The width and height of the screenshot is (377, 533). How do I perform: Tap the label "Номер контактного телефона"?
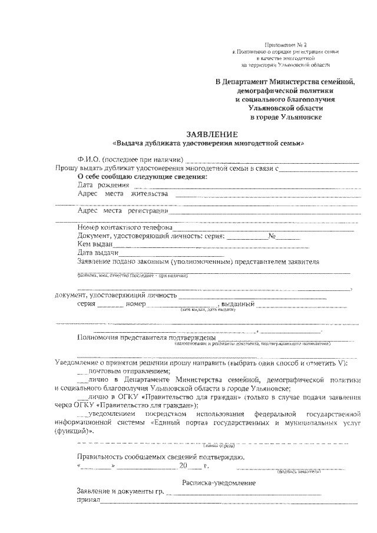[124, 227]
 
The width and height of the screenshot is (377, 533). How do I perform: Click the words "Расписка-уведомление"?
[219, 483]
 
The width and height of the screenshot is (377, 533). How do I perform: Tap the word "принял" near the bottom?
[88, 501]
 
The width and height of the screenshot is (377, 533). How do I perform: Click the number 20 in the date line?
[183, 466]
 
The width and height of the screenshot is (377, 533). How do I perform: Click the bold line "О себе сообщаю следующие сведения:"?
[143, 176]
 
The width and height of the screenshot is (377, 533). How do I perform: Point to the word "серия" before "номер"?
[86, 304]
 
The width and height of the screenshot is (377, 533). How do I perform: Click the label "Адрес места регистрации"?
[123, 210]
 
